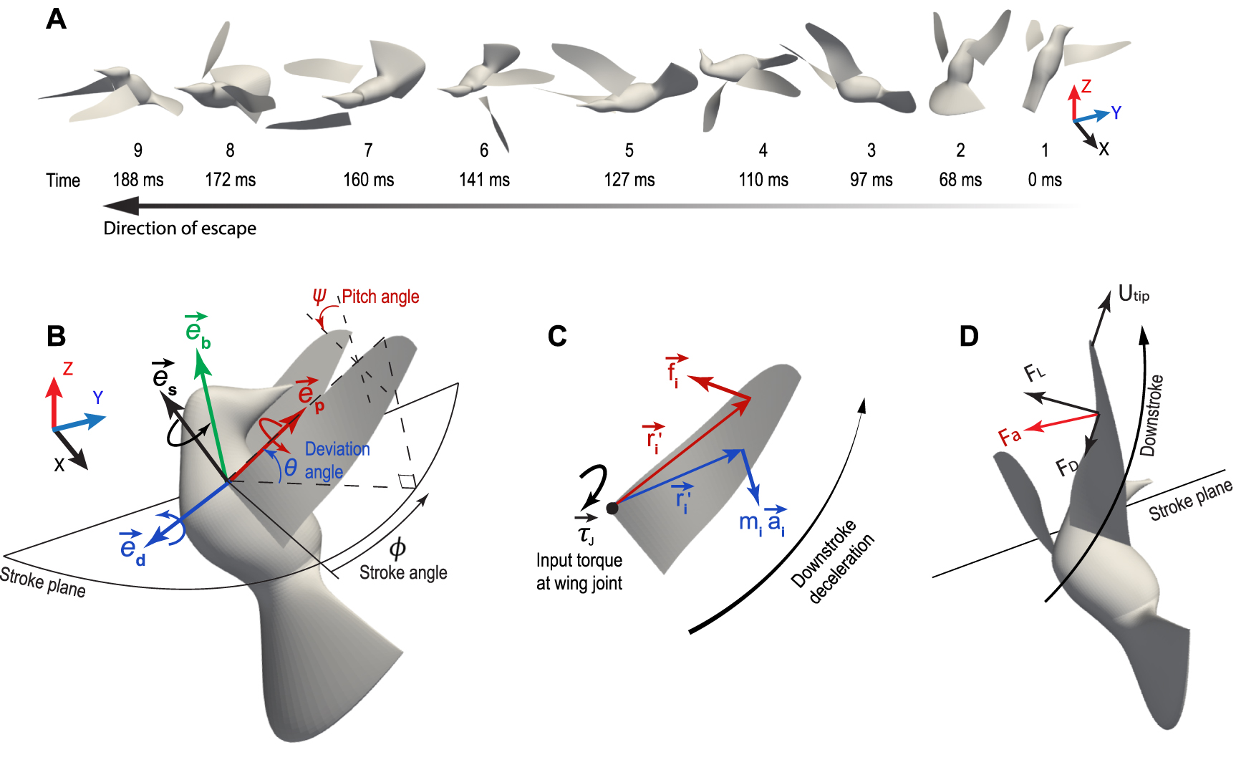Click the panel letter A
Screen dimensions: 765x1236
56,19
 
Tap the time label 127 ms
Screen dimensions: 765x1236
629,180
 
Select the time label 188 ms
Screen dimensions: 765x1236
138,180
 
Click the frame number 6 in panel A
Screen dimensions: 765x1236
484,150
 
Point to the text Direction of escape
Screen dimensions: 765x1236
180,228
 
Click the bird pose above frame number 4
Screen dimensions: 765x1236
748,79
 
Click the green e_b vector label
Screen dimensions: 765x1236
197,330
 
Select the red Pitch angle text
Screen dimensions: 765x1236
380,297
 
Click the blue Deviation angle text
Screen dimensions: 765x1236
337,460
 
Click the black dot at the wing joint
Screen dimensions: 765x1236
612,508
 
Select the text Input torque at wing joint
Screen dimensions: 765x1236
579,572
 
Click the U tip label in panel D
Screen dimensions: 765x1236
1133,294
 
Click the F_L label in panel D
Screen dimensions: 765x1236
1034,372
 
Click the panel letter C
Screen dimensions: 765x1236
557,336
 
